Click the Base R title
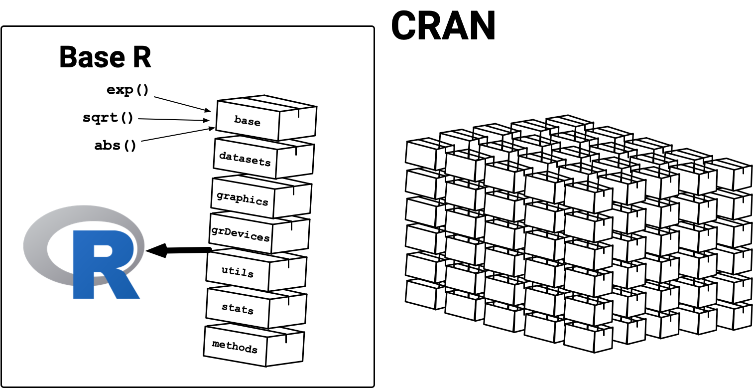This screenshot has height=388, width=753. [105, 57]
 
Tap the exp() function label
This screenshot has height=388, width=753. [127, 90]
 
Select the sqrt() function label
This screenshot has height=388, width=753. [108, 118]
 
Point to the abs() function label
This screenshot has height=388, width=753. [115, 146]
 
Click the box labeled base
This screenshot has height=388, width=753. [247, 121]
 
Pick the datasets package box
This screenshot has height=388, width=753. [245, 160]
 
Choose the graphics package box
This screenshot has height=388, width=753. [243, 198]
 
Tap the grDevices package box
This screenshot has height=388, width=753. [240, 235]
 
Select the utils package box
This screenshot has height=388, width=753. [238, 273]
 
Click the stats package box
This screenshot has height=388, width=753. [238, 309]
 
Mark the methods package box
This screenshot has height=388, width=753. [235, 346]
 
